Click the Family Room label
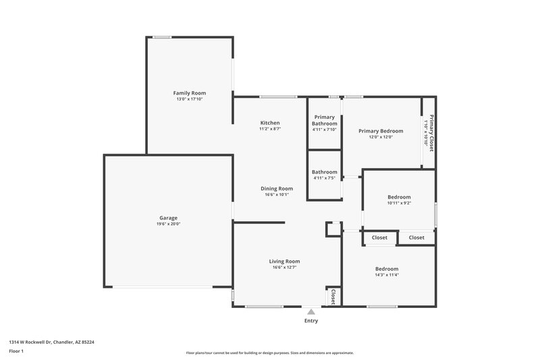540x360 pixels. click(190, 93)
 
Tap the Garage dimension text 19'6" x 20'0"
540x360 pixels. click(168, 224)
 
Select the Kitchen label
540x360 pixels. click(270, 123)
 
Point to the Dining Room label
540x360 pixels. click(277, 188)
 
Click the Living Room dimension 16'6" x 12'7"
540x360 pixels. click(284, 267)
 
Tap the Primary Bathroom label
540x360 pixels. click(324, 120)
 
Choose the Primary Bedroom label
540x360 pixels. click(381, 131)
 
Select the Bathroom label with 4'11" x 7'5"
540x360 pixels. click(324, 172)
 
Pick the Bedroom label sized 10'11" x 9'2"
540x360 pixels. click(399, 197)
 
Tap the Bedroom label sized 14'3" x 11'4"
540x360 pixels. click(387, 269)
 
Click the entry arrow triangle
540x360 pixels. click(311, 311)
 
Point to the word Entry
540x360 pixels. click(311, 321)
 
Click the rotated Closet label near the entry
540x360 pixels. click(333, 297)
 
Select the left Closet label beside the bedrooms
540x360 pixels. click(379, 238)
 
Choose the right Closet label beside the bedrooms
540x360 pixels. click(416, 238)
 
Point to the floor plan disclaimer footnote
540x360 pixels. click(269, 353)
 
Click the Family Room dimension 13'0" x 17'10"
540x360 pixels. click(190, 99)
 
